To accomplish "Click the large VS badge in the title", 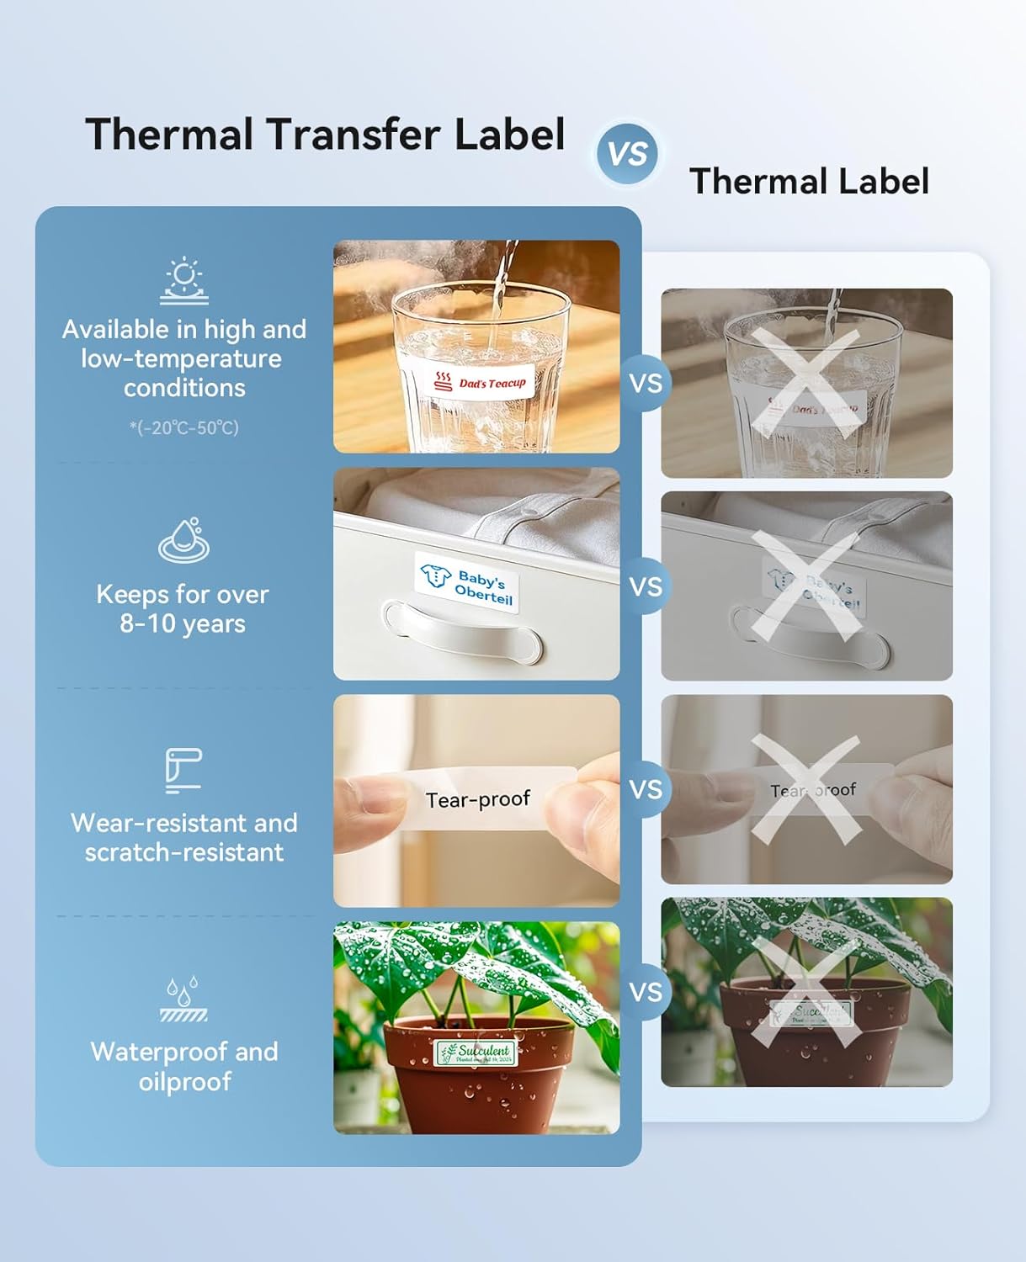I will pyautogui.click(x=627, y=153).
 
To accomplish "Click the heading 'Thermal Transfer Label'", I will pyautogui.click(x=325, y=135).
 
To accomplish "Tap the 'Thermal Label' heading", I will pyautogui.click(x=809, y=182).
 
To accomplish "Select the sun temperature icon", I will pyautogui.click(x=184, y=281).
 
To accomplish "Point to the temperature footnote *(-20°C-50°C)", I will pyautogui.click(x=184, y=427).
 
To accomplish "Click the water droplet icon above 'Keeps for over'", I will pyautogui.click(x=184, y=539).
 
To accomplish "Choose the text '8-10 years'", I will pyautogui.click(x=183, y=624).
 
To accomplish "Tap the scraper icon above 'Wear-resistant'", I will pyautogui.click(x=183, y=770).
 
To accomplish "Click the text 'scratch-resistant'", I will pyautogui.click(x=184, y=852).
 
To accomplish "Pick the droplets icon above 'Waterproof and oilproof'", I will pyautogui.click(x=183, y=999).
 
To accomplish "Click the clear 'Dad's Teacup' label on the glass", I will pyautogui.click(x=480, y=383).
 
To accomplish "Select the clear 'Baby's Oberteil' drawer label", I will pyautogui.click(x=467, y=582).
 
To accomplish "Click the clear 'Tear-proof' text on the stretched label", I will pyautogui.click(x=477, y=799).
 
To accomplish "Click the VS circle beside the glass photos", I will pyautogui.click(x=646, y=384).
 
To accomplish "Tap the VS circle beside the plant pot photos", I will pyautogui.click(x=646, y=992).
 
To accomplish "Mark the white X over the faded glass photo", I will pyautogui.click(x=806, y=383).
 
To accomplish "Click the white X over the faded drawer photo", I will pyautogui.click(x=806, y=586).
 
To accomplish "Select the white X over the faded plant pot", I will pyautogui.click(x=806, y=992).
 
